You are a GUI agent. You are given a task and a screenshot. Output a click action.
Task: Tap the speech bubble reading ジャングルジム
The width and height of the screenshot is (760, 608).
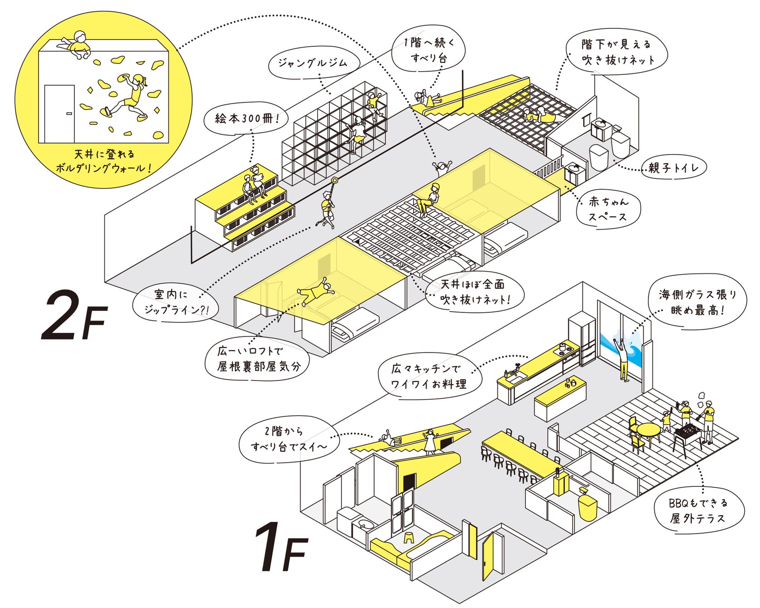(x=314, y=64)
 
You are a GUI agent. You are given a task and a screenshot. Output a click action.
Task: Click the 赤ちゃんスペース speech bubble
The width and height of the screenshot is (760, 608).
(x=608, y=209)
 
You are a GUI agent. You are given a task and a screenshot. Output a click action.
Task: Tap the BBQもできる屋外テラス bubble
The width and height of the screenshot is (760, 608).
(x=698, y=510)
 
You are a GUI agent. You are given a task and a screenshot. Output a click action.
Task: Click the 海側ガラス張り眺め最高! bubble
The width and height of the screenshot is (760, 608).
(x=697, y=302)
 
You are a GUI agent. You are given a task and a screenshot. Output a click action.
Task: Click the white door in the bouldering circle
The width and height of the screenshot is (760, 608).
(x=59, y=113)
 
